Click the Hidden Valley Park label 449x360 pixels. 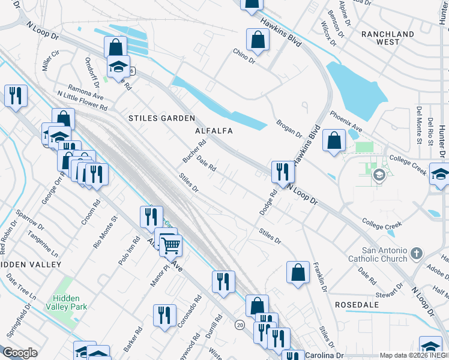70,302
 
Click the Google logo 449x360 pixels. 20,353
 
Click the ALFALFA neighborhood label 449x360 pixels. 214,130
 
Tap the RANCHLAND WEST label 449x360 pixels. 388,38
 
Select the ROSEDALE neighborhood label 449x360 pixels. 357,305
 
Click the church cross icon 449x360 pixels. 417,254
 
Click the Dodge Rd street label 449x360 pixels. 268,203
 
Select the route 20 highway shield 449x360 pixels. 240,325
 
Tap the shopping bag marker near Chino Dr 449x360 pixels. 258,41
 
